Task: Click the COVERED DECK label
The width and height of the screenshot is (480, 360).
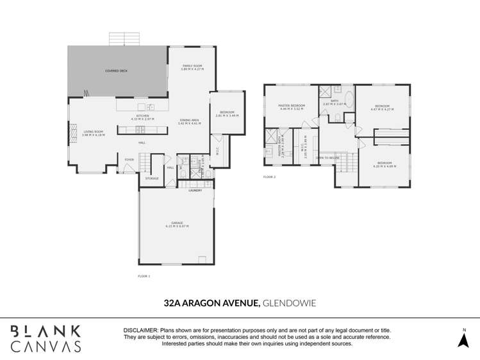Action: point(116,71)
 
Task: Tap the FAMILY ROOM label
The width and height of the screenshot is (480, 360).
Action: point(189,66)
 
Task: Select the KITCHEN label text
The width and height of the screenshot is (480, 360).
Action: point(142,116)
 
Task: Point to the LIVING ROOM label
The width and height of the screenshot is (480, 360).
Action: point(94,132)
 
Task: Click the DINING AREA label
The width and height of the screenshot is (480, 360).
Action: point(189,120)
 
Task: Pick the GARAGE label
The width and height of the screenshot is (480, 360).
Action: point(176,223)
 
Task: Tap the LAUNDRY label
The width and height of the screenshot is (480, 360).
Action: point(195,190)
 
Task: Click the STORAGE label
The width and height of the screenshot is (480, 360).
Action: point(152,179)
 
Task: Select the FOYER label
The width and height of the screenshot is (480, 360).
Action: point(129,160)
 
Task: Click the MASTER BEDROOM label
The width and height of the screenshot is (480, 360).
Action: point(291,106)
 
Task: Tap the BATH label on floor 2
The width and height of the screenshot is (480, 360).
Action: point(335,101)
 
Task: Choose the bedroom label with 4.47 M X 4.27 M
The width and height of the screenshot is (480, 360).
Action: point(383,106)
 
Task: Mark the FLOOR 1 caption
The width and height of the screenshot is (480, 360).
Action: point(144,276)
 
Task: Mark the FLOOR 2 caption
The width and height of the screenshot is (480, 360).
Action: point(269,177)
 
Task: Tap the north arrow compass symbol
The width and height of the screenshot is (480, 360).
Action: point(463,340)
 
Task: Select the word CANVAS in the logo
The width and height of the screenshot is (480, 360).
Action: point(46,346)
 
